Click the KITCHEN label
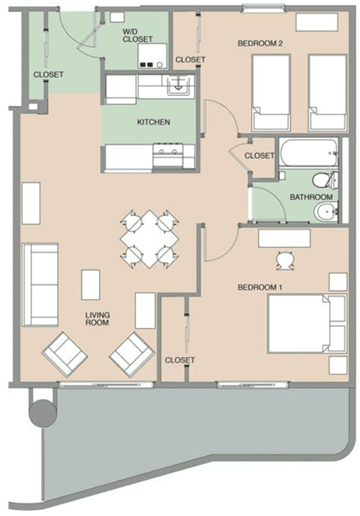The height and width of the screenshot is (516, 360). click(x=153, y=121)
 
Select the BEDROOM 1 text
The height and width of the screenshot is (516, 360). click(x=260, y=287)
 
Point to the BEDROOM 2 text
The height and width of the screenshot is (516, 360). click(x=259, y=43)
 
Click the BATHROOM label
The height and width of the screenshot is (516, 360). click(x=310, y=197)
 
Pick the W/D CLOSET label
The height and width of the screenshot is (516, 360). click(x=138, y=34)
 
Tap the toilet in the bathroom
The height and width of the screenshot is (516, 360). click(x=323, y=181)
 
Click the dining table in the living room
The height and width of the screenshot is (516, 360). click(x=151, y=239)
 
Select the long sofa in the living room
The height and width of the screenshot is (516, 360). click(x=40, y=284)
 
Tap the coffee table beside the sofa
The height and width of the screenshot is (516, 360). click(x=91, y=284)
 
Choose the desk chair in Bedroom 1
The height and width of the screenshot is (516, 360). click(x=284, y=259)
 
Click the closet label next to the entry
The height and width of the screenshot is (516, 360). click(x=48, y=75)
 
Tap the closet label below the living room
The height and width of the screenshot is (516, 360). click(x=179, y=360)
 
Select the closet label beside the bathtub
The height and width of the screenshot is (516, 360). click(x=259, y=155)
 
